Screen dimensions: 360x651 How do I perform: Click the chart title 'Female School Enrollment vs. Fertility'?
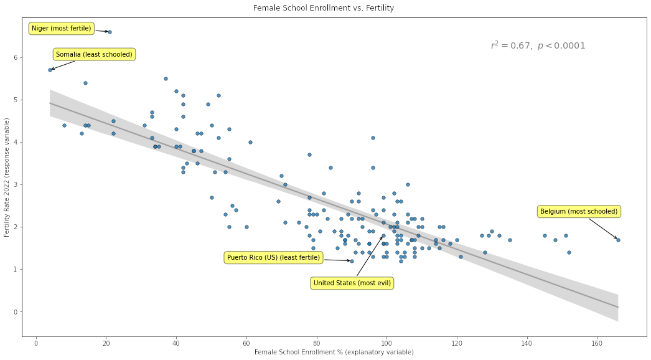coord(324,8)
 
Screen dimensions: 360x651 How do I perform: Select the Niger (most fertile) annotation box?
coord(61,29)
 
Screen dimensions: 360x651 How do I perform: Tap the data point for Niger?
coord(110,32)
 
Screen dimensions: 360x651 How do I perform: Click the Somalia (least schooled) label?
coord(94,55)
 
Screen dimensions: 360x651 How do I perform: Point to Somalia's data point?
coord(50,70)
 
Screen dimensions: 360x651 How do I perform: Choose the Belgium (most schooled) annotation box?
coord(579,212)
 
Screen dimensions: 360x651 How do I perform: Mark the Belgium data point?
coord(618,239)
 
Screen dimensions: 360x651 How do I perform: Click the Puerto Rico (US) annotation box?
coord(273,258)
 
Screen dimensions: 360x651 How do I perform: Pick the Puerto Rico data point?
coord(352,261)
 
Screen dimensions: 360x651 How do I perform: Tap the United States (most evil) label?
coord(352,283)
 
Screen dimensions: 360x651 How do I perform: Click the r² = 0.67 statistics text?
coord(538,45)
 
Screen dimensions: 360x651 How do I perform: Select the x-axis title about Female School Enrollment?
coord(334,353)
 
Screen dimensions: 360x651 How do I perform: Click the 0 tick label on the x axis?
coord(36,343)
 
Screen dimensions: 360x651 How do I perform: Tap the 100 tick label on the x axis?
coord(386,343)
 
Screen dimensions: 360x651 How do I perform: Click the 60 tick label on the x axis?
coord(246,343)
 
